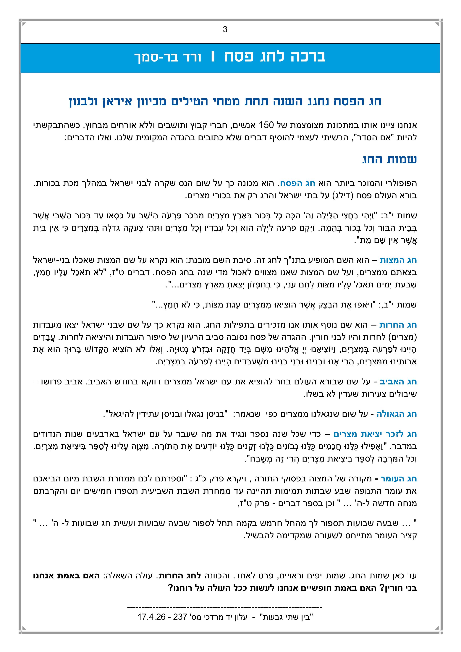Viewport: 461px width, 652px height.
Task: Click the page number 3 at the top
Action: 225,30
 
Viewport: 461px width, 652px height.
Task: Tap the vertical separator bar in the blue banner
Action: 212,57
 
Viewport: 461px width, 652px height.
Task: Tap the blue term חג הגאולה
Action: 397,414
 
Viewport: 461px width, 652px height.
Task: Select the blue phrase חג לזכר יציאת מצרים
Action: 375,434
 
